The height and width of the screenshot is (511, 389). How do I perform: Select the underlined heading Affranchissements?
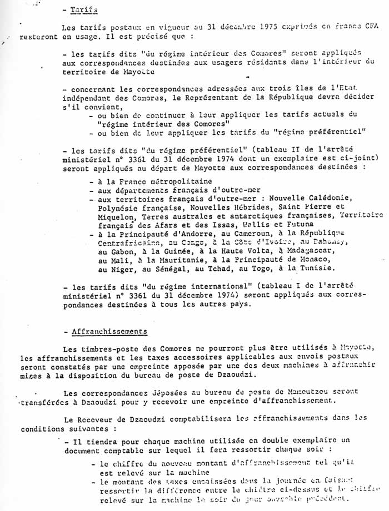pyautogui.click(x=109, y=331)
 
